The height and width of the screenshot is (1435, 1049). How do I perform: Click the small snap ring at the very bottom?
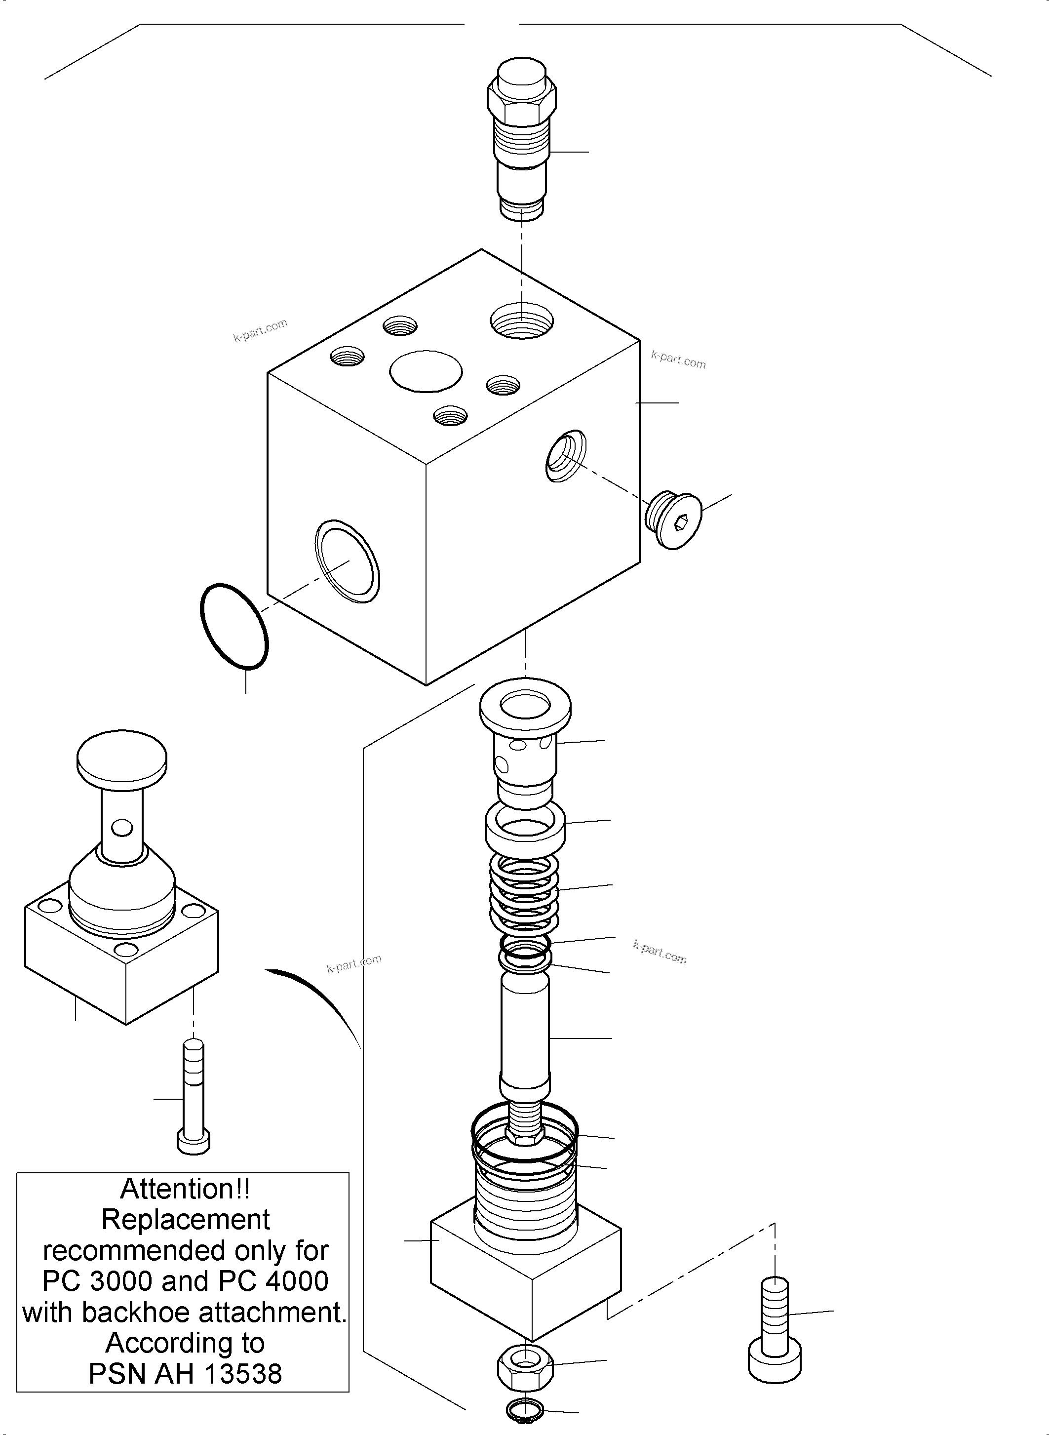(524, 1411)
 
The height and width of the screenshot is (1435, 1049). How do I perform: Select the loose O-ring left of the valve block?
(233, 626)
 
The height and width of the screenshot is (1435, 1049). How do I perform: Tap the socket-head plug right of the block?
(673, 519)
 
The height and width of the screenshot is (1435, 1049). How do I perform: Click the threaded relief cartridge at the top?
(521, 137)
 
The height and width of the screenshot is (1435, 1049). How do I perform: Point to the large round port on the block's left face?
(348, 561)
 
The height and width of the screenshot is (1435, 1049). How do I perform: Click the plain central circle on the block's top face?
(426, 371)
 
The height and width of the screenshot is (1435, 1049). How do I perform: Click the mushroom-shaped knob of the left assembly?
(122, 758)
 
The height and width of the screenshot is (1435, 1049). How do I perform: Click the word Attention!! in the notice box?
(186, 1189)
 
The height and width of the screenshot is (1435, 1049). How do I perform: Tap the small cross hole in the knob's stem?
(122, 828)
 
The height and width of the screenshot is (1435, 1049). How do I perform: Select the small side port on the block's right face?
(565, 455)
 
